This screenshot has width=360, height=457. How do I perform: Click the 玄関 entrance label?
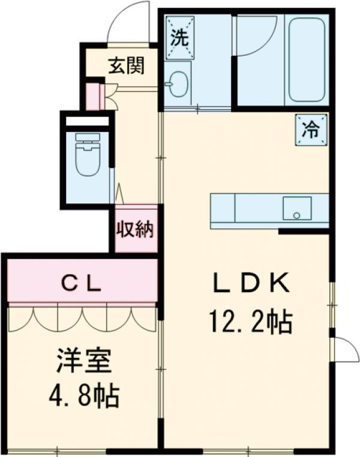tap(126, 65)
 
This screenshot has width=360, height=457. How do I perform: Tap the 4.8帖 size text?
tap(83, 396)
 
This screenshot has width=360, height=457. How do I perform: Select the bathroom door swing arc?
tap(255, 37)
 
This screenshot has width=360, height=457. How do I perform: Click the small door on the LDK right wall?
tap(344, 349)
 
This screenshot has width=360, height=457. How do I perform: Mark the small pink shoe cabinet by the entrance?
tap(92, 97)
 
